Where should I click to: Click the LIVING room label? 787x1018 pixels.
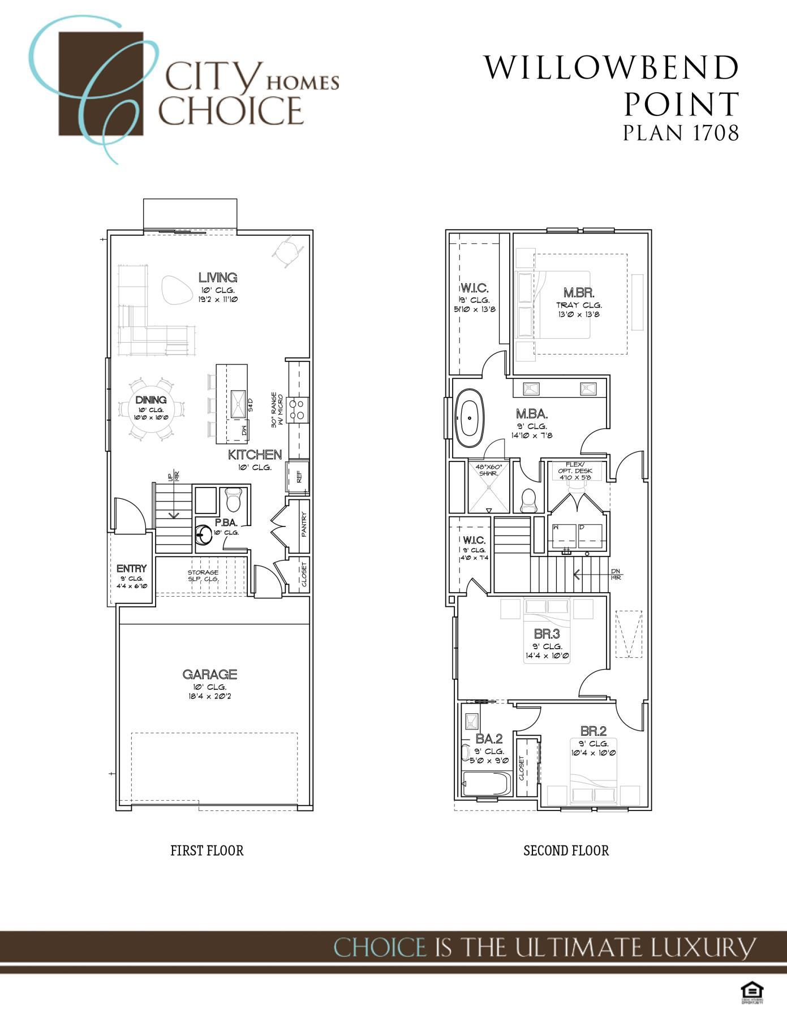(218, 278)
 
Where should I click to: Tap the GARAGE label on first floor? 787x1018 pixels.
(209, 674)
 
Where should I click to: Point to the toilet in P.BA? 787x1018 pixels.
(233, 500)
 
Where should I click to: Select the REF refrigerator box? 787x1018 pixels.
(298, 477)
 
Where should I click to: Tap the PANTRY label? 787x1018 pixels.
(303, 524)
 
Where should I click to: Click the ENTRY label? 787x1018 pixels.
(131, 568)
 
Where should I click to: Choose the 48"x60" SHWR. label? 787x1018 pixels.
(489, 470)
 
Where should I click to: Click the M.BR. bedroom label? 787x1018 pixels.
(579, 293)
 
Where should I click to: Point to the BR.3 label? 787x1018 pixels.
(547, 635)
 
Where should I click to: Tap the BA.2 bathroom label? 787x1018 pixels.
(489, 739)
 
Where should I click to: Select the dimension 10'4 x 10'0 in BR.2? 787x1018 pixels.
(594, 753)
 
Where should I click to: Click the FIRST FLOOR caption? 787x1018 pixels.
(207, 851)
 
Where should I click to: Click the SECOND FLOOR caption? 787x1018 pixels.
(566, 851)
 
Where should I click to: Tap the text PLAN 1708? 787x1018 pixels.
(681, 132)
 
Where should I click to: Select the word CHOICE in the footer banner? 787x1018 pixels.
(380, 947)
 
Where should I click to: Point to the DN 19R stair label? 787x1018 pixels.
(616, 574)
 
